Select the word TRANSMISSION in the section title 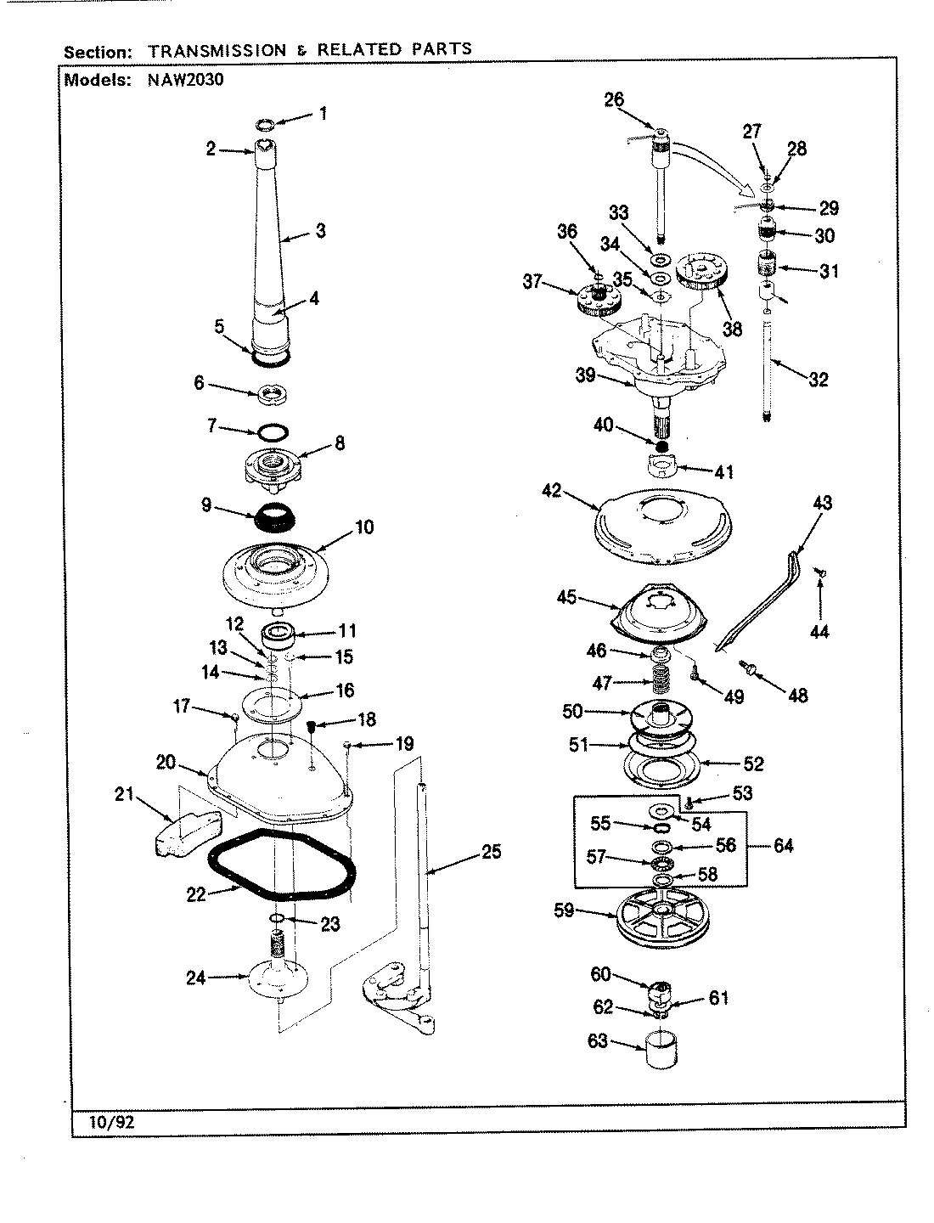[x=217, y=50]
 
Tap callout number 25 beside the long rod [x=492, y=851]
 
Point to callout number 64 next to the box [x=783, y=845]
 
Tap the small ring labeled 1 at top [x=265, y=126]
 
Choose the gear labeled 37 [x=598, y=299]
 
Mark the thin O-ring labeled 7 [x=270, y=431]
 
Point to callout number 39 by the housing [x=585, y=376]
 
